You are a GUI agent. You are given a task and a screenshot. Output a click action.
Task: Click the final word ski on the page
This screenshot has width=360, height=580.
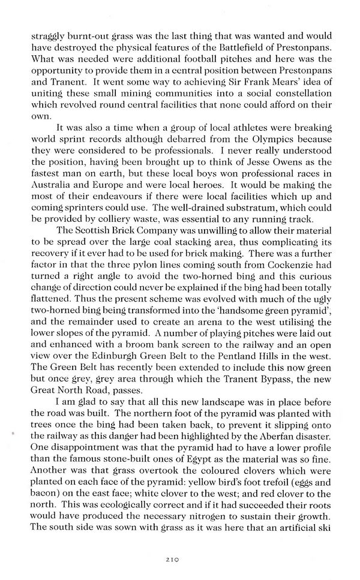[322, 548]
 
